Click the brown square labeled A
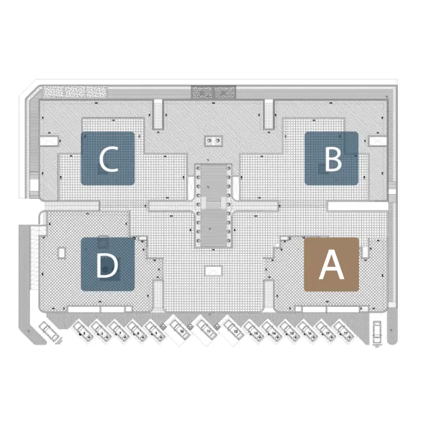click(331, 264)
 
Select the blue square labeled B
click(331, 158)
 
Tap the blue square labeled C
click(108, 159)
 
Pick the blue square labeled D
click(108, 264)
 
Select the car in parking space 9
click(155, 333)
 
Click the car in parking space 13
click(254, 333)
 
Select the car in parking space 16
click(307, 333)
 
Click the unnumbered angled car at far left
click(49, 333)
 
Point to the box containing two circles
click(213, 140)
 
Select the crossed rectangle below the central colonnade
click(212, 271)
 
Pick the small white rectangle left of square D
click(61, 253)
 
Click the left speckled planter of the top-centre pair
click(202, 92)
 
